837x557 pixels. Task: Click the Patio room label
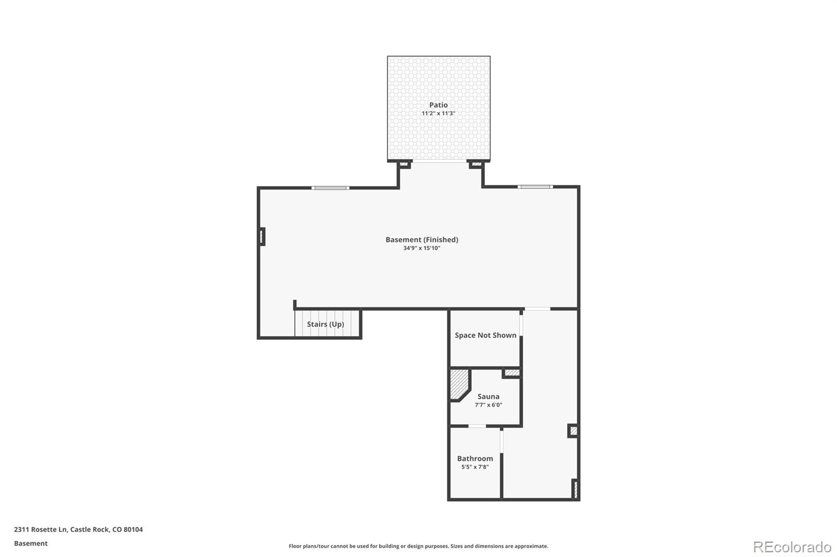[x=438, y=105]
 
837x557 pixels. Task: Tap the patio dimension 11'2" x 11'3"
[x=438, y=113]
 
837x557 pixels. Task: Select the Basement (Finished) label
[x=422, y=240]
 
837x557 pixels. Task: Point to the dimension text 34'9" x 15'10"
[x=422, y=248]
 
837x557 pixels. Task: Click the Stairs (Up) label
[x=325, y=324]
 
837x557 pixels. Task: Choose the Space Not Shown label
[x=485, y=335]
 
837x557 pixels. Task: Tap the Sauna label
[x=488, y=397]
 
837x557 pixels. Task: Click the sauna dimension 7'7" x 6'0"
[x=488, y=405]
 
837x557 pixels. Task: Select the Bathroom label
[x=475, y=459]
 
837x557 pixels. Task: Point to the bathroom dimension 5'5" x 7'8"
[x=475, y=467]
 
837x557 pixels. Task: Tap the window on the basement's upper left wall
[x=330, y=188]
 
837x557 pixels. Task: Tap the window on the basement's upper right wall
[x=535, y=187]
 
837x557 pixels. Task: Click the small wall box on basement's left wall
[x=263, y=236]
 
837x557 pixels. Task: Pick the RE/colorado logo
[x=792, y=547]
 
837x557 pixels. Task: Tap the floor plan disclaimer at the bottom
[x=418, y=546]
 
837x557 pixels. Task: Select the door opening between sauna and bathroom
[x=477, y=426]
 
